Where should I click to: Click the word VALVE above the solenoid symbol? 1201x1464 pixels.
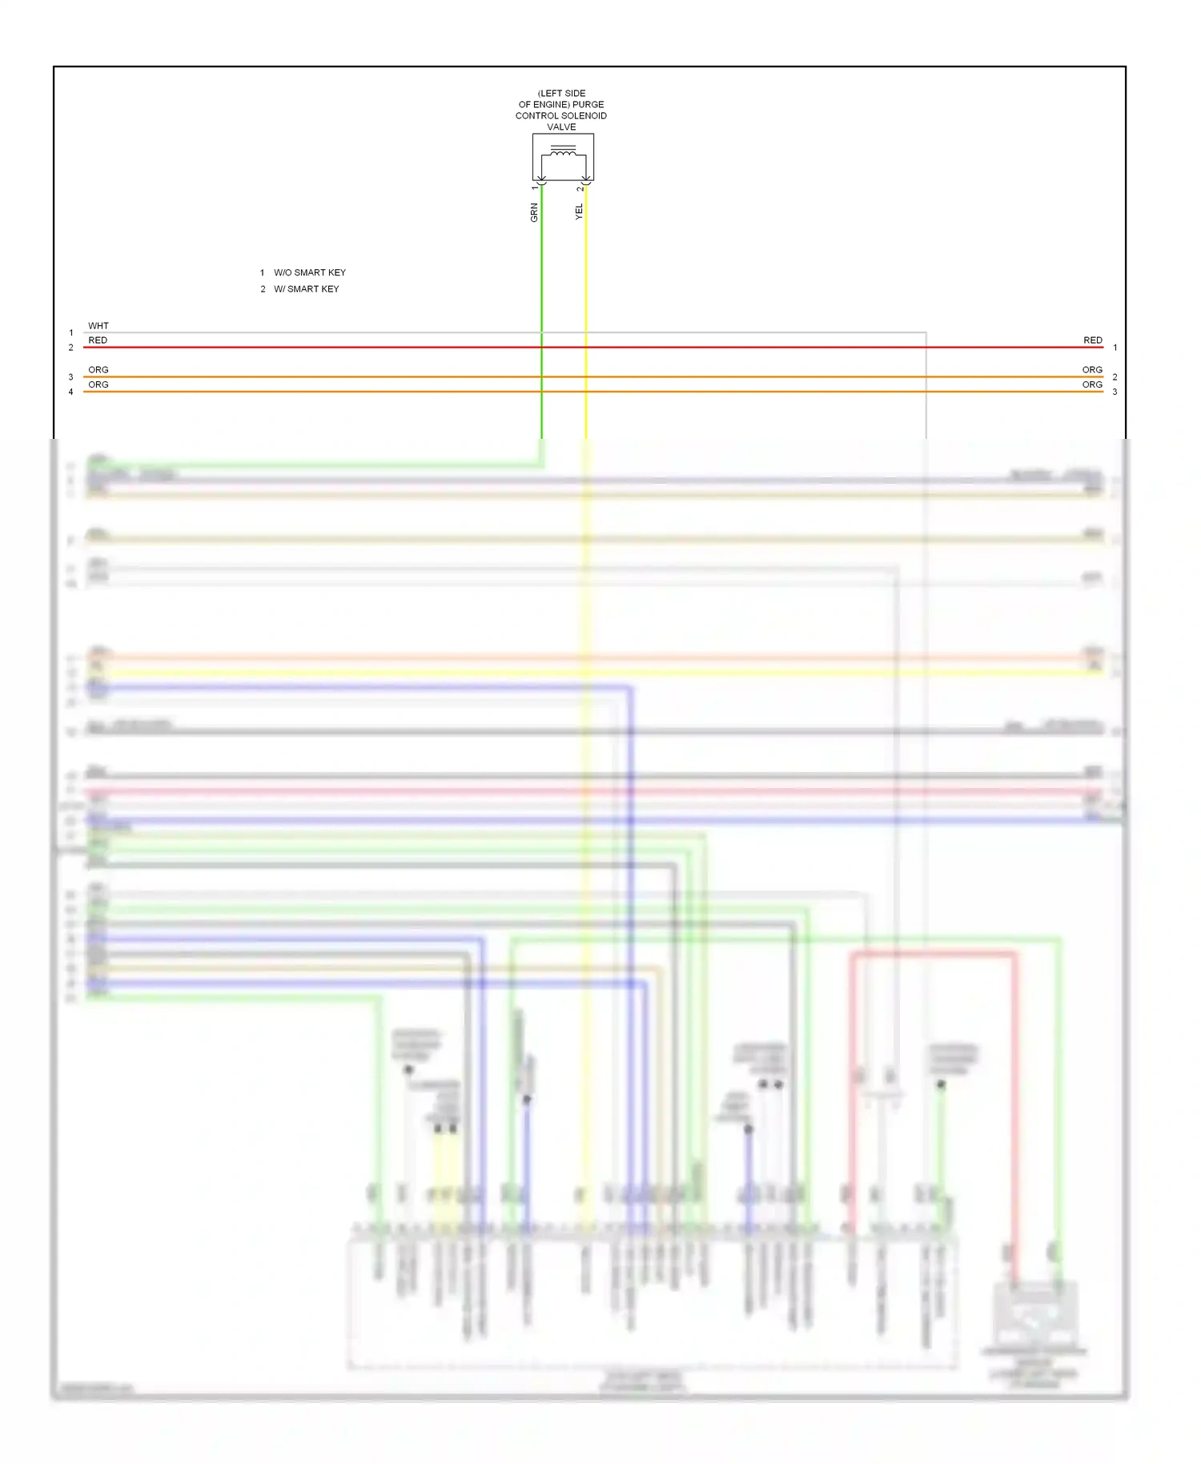point(561,127)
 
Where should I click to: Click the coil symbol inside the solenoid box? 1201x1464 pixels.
point(563,151)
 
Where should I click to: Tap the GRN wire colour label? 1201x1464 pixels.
point(534,212)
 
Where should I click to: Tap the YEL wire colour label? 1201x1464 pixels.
point(579,211)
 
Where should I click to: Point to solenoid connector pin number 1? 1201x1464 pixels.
point(535,187)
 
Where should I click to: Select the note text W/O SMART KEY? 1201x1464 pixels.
point(310,272)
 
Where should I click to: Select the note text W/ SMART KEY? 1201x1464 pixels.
point(307,289)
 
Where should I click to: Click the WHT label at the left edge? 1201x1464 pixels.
point(98,326)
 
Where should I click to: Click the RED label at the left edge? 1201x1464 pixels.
point(98,340)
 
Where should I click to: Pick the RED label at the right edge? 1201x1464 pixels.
point(1093,340)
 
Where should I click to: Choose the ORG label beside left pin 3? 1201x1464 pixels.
point(98,370)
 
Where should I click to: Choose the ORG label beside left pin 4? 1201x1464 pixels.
point(98,384)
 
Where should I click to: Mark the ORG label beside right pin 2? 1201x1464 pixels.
point(1092,370)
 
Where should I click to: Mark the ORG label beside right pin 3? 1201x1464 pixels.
point(1092,384)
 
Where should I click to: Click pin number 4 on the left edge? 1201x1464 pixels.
point(71,392)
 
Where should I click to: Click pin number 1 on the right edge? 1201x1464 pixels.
point(1115,348)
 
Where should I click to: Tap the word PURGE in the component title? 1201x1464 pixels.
point(588,104)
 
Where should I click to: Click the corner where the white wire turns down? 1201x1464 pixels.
point(926,332)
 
